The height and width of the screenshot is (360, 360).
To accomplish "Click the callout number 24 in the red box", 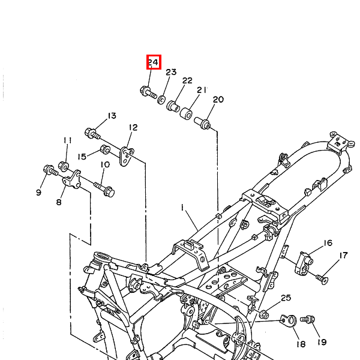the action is point(153,62).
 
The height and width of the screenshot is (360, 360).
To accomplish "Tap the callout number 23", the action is point(171,72).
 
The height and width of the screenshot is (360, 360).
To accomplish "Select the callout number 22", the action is point(187,80).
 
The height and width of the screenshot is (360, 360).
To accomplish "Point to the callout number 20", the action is point(218,100).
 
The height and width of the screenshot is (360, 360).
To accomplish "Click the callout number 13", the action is point(112,116).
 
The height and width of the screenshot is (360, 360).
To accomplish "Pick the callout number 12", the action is point(133,127).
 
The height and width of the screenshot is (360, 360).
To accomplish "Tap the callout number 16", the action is point(328,243).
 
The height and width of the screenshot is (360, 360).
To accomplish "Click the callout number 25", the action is point(286,298).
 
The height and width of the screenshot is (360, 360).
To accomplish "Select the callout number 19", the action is point(322,342).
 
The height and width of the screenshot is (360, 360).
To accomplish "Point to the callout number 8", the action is point(59,202).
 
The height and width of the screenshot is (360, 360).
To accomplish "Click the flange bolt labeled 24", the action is point(148,92).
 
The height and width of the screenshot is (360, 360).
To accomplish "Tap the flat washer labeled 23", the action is point(161,100).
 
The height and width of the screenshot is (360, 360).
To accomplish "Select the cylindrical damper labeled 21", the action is point(186,113).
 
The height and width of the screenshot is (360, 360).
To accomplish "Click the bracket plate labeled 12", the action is point(127,157).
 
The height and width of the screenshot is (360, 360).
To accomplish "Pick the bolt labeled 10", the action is point(104,189).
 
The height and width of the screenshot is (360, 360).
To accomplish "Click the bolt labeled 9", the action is point(50,171).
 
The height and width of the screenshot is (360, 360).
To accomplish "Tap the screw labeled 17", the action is point(322,279).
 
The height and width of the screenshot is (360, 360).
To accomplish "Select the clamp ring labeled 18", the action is point(289,320).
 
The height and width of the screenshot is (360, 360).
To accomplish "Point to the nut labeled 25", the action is point(264,314).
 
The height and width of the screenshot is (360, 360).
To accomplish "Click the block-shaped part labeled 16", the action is point(304,263).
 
